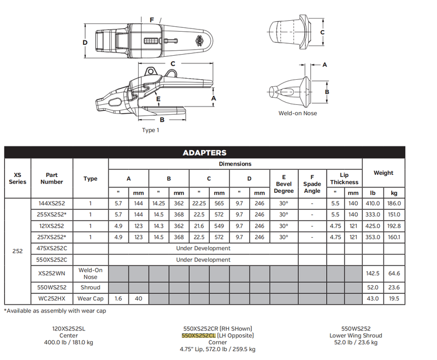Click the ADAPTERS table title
pyautogui.click(x=204, y=153)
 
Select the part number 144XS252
pyautogui.click(x=52, y=203)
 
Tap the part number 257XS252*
pyautogui.click(x=52, y=237)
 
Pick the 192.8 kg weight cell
pyautogui.click(x=394, y=226)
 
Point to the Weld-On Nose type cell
pyautogui.click(x=91, y=273)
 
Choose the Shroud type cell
pyautogui.click(x=91, y=287)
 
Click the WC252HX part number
pyautogui.click(x=52, y=298)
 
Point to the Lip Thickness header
pyautogui.click(x=344, y=178)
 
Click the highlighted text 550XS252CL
pyautogui.click(x=199, y=335)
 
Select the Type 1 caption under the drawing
pyautogui.click(x=152, y=130)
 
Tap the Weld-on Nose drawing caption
pyautogui.click(x=298, y=113)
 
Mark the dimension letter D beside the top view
pyautogui.click(x=86, y=42)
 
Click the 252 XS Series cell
pyautogui.click(x=17, y=251)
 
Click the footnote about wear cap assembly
pyautogui.click(x=55, y=311)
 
